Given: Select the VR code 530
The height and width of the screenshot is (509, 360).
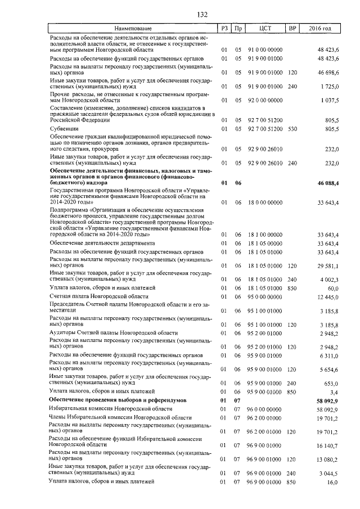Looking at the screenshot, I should coord(292,129).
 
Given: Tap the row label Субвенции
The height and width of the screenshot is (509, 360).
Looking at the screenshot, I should coord(64,129).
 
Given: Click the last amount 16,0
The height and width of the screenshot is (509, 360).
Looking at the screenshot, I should coord(332,482).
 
